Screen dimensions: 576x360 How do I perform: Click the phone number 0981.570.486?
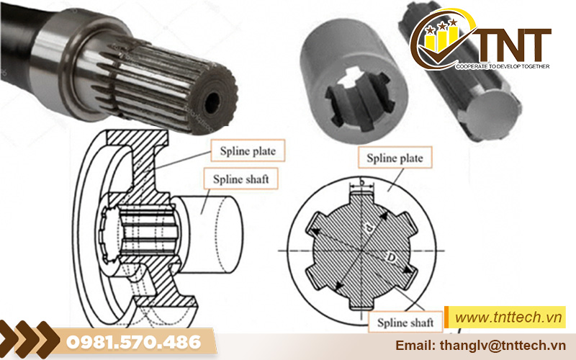click(x=134, y=343)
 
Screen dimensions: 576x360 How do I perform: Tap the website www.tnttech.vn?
click(x=508, y=317)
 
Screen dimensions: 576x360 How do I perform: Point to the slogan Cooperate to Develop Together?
click(x=503, y=66)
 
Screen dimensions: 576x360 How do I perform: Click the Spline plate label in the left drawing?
click(x=248, y=150)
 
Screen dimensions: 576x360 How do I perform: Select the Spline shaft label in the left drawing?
click(x=240, y=179)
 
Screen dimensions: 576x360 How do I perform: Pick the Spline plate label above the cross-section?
click(x=395, y=158)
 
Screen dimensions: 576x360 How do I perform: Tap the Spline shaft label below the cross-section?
click(x=405, y=323)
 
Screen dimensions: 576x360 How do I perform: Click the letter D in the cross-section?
click(x=391, y=258)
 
